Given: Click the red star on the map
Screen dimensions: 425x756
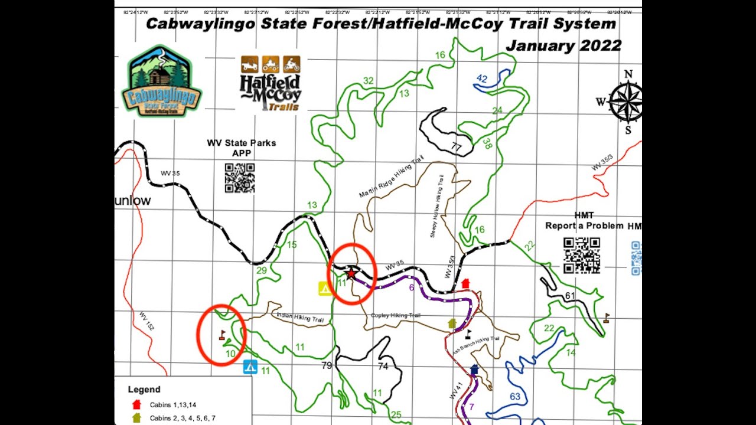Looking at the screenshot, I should click(351, 274).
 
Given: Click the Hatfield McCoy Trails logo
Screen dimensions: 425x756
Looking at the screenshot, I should click(271, 84).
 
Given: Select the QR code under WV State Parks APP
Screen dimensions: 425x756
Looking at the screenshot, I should click(240, 178).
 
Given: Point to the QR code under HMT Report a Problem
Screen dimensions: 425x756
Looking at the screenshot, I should click(582, 256).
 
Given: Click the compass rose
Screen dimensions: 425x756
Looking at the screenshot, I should click(627, 102).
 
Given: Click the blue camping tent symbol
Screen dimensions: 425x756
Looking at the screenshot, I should click(250, 367).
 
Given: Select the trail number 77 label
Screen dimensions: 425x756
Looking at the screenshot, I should click(456, 147).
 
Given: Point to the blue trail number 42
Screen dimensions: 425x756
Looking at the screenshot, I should click(482, 79).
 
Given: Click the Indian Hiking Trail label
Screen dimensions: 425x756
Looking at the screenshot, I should click(301, 318).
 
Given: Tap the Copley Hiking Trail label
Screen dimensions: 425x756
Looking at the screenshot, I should click(395, 315).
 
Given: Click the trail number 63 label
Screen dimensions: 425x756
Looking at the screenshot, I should click(515, 397).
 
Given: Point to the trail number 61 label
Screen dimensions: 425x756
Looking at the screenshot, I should click(570, 296).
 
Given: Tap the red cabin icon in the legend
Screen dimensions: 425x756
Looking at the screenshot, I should click(136, 404).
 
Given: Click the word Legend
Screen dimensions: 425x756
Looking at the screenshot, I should click(144, 390).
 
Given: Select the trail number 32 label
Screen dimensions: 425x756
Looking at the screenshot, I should click(369, 81).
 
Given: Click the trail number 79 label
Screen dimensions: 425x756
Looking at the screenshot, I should click(327, 366).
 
